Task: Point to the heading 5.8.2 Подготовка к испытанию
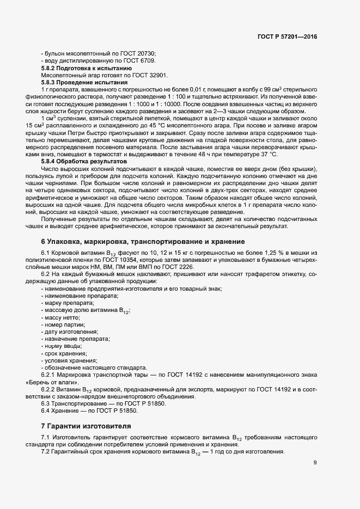(83, 68)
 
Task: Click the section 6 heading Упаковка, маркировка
(143, 241)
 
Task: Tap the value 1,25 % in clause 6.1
(284, 254)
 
